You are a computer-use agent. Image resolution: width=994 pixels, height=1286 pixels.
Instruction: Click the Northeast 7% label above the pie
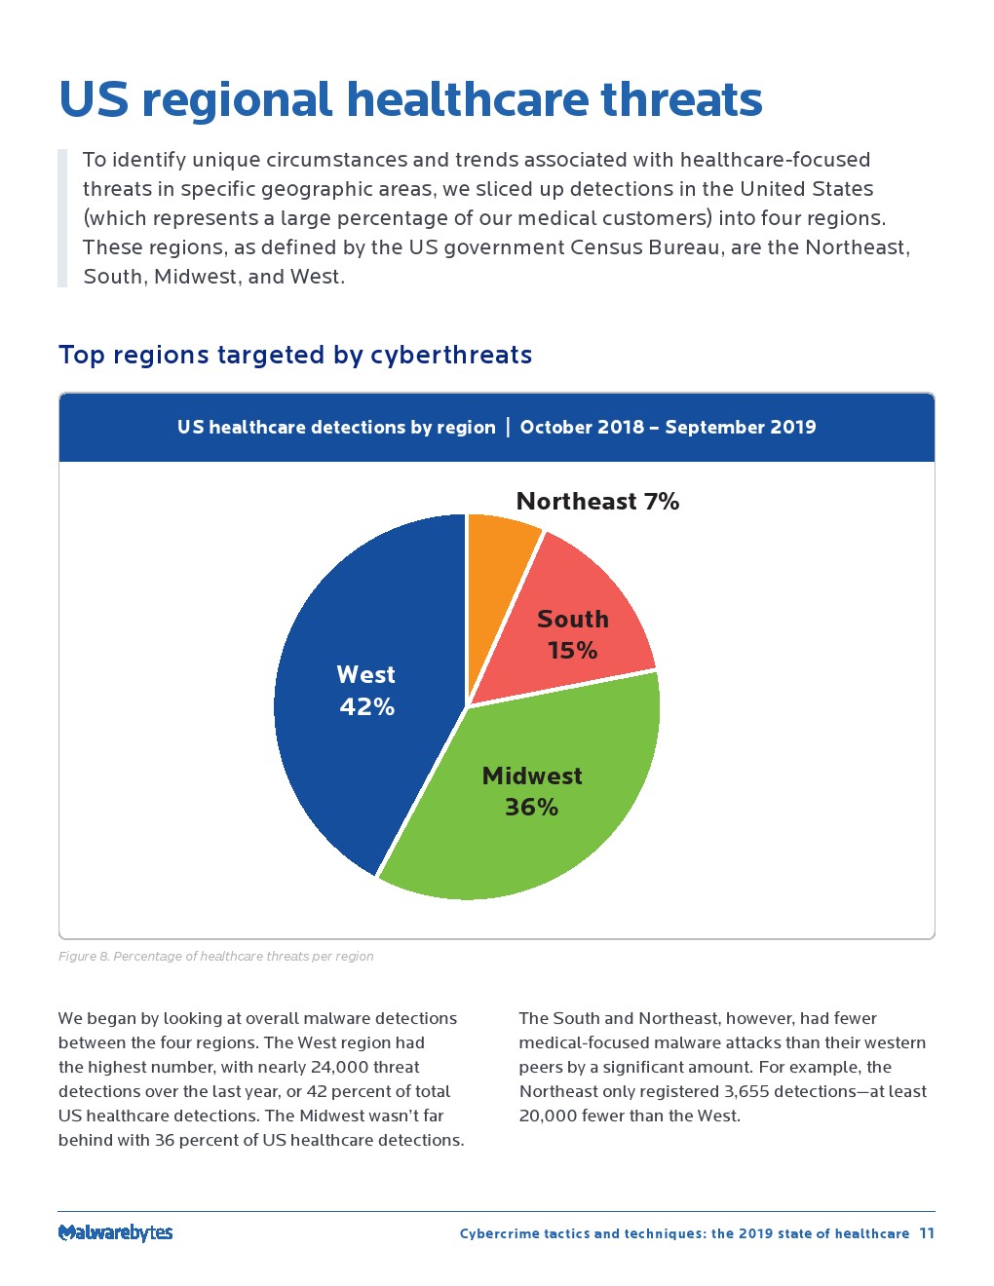[x=597, y=502]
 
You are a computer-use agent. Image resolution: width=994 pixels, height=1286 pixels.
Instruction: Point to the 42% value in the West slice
[x=366, y=707]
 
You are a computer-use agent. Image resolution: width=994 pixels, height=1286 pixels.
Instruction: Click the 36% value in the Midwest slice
[x=531, y=808]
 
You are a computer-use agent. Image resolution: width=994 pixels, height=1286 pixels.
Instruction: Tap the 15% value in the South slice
[x=572, y=651]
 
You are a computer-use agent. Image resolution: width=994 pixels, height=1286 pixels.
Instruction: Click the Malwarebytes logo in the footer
[x=115, y=1232]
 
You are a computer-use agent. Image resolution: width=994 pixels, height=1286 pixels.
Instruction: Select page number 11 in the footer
[x=927, y=1233]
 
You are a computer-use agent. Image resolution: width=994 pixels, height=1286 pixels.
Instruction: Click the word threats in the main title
[x=681, y=99]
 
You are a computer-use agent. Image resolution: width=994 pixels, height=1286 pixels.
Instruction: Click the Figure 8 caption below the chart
[x=215, y=957]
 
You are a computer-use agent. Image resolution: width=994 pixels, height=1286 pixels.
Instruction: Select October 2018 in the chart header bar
[x=582, y=428]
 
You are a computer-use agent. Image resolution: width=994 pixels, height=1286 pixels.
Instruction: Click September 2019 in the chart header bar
[x=741, y=428]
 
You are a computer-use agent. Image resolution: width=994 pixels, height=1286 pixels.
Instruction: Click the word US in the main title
[x=94, y=99]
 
